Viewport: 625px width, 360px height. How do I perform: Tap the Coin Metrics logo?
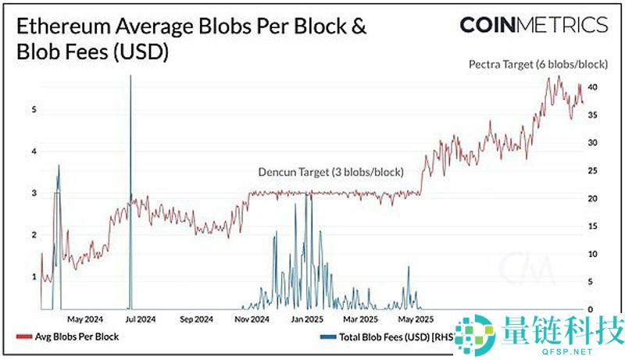(x=533, y=25)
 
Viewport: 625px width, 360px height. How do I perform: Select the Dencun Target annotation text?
(x=330, y=172)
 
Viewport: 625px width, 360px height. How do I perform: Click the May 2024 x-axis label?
(x=86, y=319)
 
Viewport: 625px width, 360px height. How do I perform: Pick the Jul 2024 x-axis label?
(x=141, y=319)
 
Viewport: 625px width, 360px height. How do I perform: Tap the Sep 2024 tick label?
(x=196, y=319)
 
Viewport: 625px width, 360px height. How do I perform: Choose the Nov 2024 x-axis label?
(x=252, y=319)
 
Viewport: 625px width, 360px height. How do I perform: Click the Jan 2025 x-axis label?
(x=306, y=319)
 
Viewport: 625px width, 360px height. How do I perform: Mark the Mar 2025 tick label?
(x=361, y=319)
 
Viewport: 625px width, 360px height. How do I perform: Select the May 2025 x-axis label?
(x=416, y=319)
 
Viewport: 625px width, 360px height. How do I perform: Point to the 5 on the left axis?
(x=34, y=110)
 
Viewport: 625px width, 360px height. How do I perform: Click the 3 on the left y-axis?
(x=34, y=193)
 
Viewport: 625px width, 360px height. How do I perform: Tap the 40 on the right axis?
(x=593, y=87)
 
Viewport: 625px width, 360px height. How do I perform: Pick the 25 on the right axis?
(x=593, y=171)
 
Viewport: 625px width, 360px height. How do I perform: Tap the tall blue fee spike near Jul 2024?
(x=130, y=156)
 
